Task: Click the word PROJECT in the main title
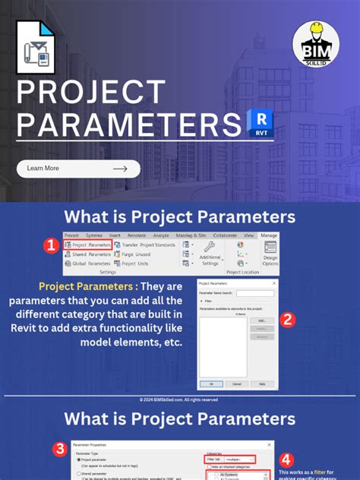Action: pyautogui.click(x=91, y=93)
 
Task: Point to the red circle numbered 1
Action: pyautogui.click(x=50, y=245)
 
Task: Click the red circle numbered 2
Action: pyautogui.click(x=286, y=320)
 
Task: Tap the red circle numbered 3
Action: pyautogui.click(x=60, y=449)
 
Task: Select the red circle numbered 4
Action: pyautogui.click(x=286, y=459)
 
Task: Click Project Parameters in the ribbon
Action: pyautogui.click(x=88, y=245)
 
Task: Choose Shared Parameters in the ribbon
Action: pyautogui.click(x=88, y=254)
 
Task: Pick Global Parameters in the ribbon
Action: pyautogui.click(x=88, y=264)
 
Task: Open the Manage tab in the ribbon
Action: pyautogui.click(x=269, y=236)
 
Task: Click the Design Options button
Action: pyautogui.click(x=270, y=254)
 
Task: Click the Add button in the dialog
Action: pyautogui.click(x=262, y=321)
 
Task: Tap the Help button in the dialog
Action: pyautogui.click(x=262, y=384)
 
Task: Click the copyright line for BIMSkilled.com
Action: pyautogui.click(x=179, y=399)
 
